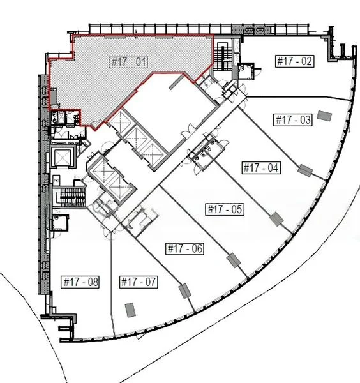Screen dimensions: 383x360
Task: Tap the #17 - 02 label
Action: point(294,62)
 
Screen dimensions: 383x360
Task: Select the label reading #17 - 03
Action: point(292,119)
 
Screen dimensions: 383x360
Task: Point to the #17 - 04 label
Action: point(261,169)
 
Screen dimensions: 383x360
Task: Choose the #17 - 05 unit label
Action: point(224,209)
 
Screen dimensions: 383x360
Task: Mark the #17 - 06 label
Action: point(184,249)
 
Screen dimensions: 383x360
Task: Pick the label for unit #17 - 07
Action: point(139,282)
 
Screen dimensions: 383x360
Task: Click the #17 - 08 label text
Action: point(80,282)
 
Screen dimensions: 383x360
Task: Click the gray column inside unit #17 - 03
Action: point(324,114)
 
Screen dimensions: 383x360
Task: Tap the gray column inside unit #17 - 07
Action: point(130,309)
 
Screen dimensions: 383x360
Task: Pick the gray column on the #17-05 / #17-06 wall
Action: point(234,260)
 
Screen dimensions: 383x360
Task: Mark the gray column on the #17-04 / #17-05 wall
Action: point(275,220)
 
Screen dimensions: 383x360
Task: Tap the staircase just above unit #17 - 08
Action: point(71,198)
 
